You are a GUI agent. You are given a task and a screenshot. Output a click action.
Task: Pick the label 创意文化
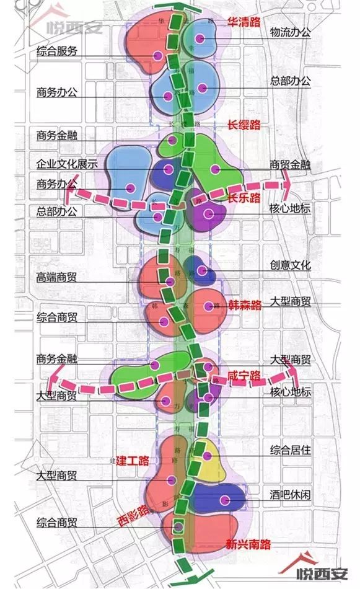point(291,265)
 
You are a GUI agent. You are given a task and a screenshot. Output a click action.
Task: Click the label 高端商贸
point(57,278)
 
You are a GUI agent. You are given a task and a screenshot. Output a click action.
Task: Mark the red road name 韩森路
point(245,305)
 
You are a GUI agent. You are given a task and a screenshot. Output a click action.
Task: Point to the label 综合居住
point(291,449)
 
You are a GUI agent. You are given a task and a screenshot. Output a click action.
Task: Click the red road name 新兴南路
point(248,545)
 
